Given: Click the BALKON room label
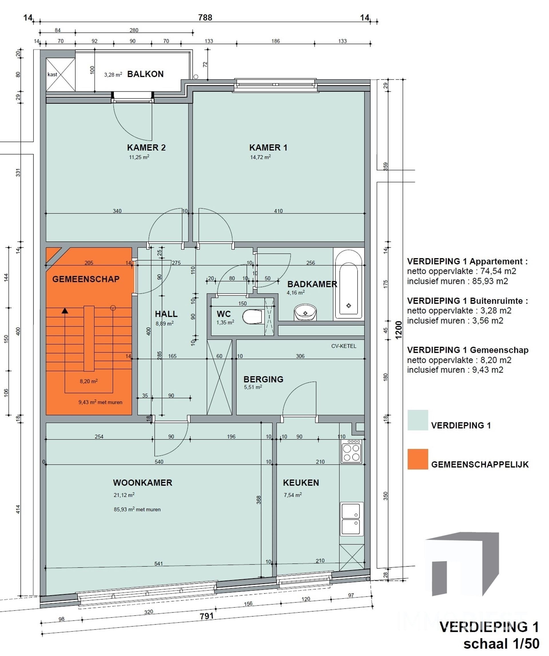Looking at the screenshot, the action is (145, 74).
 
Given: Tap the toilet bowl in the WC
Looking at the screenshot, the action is (252, 316).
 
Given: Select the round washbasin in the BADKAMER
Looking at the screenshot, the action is (305, 312).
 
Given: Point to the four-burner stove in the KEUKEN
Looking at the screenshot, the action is (351, 451).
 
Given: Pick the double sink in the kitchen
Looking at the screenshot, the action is (351, 519).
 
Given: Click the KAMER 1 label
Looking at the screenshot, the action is (268, 147).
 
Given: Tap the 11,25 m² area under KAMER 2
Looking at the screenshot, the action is (139, 157).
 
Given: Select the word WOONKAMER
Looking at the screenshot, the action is (142, 482).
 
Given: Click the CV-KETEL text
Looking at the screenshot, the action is (344, 346).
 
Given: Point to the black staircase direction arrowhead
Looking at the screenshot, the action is (65, 310).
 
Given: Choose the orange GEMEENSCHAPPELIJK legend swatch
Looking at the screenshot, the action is (418, 459).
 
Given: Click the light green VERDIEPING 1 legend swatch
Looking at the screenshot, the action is (418, 420).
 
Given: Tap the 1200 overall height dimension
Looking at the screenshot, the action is (398, 330).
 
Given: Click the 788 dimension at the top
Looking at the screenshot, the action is (205, 17).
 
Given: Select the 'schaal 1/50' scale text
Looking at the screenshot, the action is (501, 644).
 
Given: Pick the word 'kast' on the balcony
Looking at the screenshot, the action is (52, 74).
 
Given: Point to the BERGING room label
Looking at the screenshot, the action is (263, 379).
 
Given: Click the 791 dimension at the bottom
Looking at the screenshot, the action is (206, 616).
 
